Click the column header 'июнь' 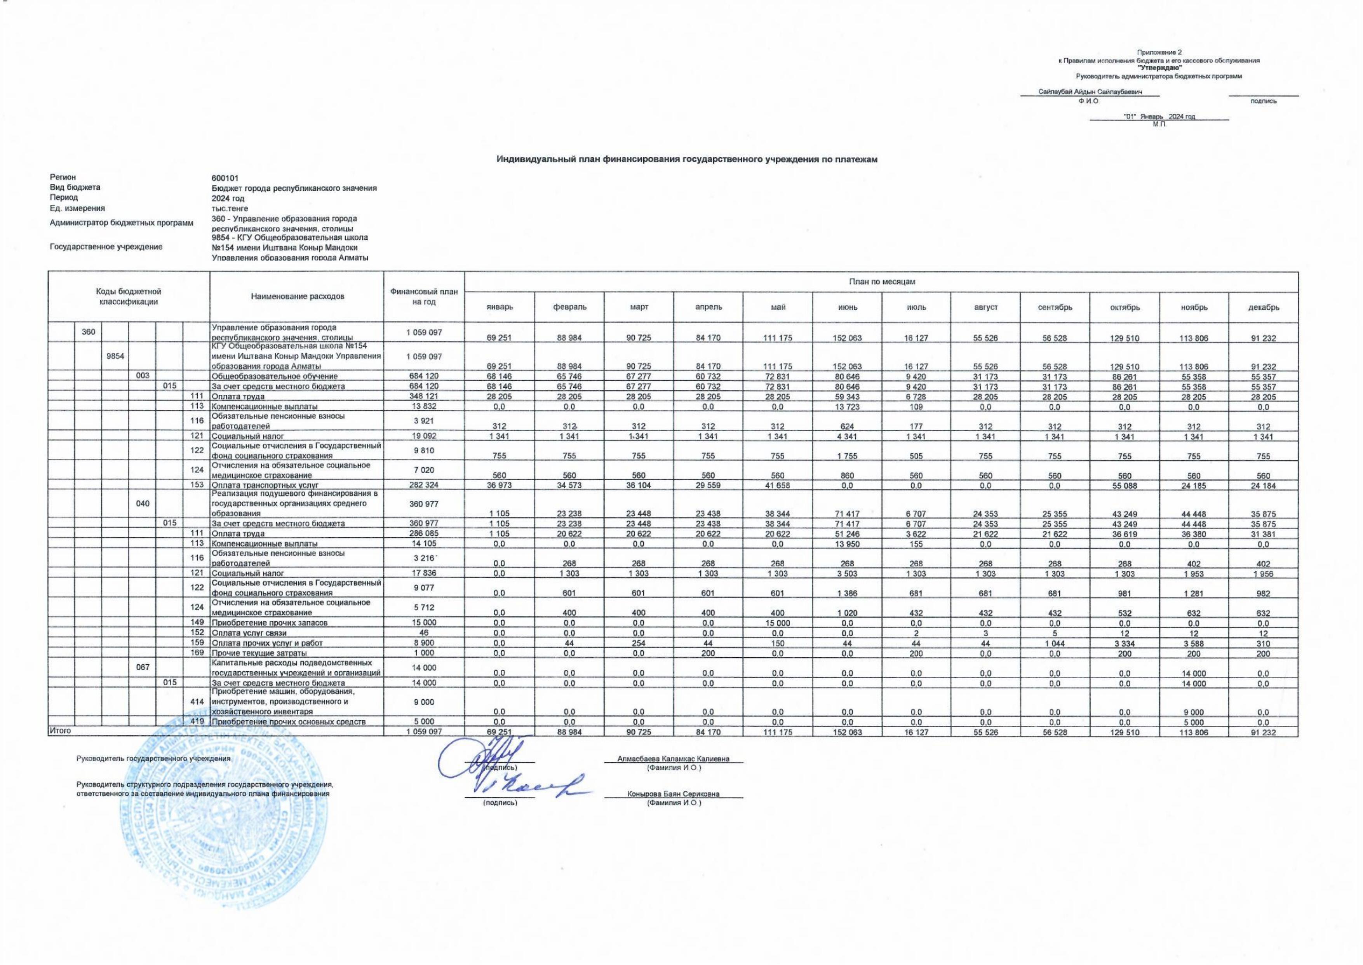coord(847,307)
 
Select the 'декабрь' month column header coord(1263,307)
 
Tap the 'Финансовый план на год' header coord(424,297)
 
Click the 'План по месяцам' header coord(881,282)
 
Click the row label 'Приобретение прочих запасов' coord(270,623)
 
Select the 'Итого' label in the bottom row coord(60,731)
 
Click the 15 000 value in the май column coord(778,623)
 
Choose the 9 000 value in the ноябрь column coord(1194,712)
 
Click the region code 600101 coord(225,178)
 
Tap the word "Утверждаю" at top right coord(1158,68)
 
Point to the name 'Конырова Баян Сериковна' coord(673,794)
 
